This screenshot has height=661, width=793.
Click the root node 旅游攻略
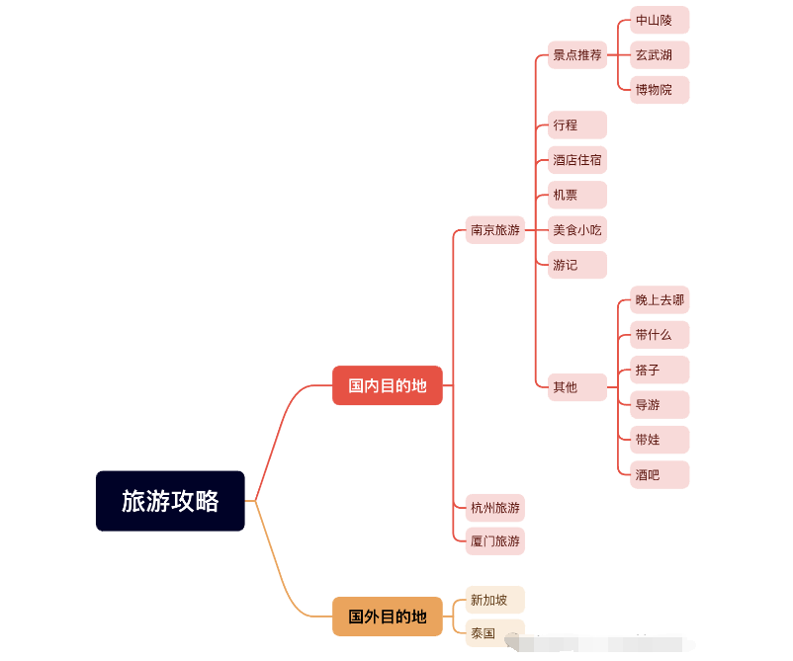[x=170, y=501]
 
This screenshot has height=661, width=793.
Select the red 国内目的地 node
[x=388, y=385]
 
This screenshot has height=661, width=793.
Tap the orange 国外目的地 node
[x=388, y=617]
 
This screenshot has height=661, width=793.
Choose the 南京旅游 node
[x=495, y=230]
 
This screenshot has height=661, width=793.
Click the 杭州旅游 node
[x=495, y=508]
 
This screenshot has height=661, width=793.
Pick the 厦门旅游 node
[x=495, y=541]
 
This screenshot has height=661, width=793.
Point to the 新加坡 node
[x=495, y=600]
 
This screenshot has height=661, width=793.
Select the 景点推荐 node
[x=577, y=55]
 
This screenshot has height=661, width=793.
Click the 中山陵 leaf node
[x=660, y=20]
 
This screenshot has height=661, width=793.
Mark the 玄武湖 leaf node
[x=660, y=55]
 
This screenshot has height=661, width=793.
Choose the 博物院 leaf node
[x=660, y=90]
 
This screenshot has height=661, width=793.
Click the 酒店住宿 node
[x=577, y=160]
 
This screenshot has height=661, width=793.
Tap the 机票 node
[x=577, y=195]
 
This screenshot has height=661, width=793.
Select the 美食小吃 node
[x=577, y=230]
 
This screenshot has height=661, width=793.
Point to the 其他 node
[x=577, y=387]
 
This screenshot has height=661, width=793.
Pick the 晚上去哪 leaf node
[x=660, y=300]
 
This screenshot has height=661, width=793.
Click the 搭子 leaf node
[x=660, y=370]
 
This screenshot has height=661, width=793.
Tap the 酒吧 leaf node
[x=660, y=475]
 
